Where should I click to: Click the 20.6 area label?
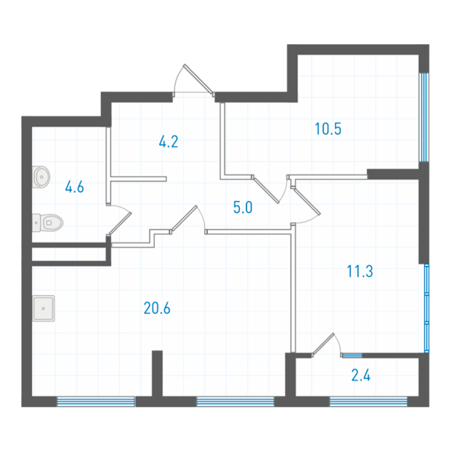click(x=157, y=308)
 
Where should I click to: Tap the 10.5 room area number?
click(x=328, y=129)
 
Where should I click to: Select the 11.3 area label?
click(x=360, y=271)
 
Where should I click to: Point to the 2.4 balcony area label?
click(x=361, y=375)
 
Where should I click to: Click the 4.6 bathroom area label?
click(x=75, y=187)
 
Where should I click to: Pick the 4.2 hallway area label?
click(x=169, y=142)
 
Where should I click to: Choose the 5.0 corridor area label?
click(x=243, y=207)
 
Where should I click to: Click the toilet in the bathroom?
click(x=48, y=223)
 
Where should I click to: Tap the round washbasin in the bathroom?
click(x=41, y=177)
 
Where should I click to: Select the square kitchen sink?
click(x=43, y=308)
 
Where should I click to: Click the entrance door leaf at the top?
click(x=198, y=79)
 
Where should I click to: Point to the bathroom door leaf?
click(x=120, y=224)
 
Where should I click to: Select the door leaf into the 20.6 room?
click(x=184, y=218)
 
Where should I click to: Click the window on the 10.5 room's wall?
click(x=423, y=117)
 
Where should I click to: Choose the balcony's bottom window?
click(x=368, y=402)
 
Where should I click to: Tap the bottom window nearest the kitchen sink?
click(x=96, y=402)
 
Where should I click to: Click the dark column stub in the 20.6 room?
click(x=157, y=373)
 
